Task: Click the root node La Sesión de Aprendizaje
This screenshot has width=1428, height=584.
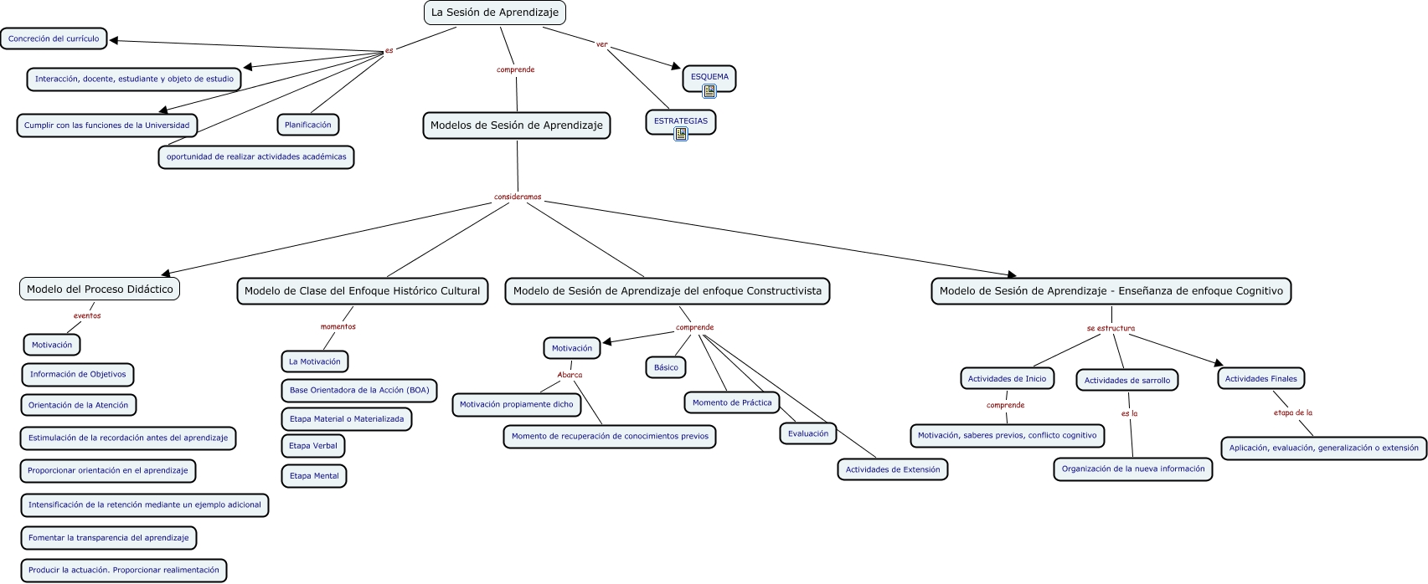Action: (x=494, y=13)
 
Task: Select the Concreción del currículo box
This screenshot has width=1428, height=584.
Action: (x=54, y=38)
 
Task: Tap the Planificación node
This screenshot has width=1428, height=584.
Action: (x=307, y=125)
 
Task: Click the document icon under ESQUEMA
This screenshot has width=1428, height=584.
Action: (x=709, y=91)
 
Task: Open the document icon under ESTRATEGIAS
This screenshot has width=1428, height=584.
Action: (x=681, y=133)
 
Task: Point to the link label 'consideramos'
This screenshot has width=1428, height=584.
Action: (x=518, y=197)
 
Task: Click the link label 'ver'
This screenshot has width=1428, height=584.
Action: (x=601, y=44)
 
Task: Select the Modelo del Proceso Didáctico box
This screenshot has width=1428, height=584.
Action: (x=100, y=289)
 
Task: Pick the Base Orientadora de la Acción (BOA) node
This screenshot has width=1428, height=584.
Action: (x=359, y=390)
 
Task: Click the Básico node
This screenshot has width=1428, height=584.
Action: (x=666, y=367)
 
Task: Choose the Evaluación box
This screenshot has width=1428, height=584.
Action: (x=808, y=433)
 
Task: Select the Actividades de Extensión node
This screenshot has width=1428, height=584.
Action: (x=893, y=469)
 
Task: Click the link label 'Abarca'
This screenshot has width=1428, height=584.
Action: (x=570, y=375)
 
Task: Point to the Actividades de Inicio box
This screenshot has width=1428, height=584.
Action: (x=1007, y=379)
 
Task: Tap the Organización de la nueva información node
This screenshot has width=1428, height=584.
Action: (x=1132, y=469)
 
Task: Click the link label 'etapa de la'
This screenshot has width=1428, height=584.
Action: (x=1292, y=412)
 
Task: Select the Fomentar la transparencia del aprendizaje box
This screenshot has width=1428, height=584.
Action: (x=109, y=538)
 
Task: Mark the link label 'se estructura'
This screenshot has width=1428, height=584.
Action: (x=1111, y=328)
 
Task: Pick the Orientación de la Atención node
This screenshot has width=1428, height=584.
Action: (x=79, y=405)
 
